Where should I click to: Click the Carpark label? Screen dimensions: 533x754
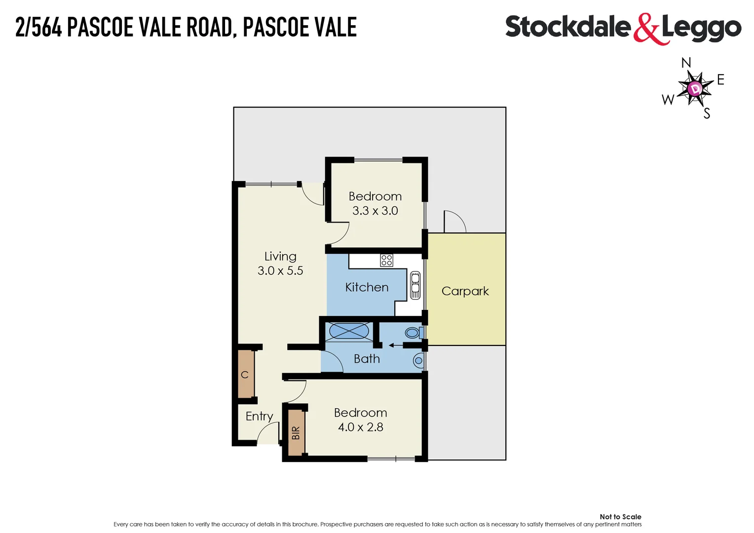point(465,291)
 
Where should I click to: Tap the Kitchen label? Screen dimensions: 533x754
point(367,287)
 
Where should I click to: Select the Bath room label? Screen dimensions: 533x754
point(367,359)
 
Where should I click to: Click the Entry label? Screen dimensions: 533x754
point(259,416)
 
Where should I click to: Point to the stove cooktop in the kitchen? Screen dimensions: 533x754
point(386,260)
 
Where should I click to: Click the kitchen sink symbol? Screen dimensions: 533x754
point(415,285)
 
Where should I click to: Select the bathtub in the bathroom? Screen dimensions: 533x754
point(349,331)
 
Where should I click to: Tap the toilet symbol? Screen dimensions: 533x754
point(414,333)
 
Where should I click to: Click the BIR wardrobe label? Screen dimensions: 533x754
point(296,433)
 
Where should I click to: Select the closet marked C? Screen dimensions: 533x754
point(245,375)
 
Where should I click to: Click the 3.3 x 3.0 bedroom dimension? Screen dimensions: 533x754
point(375,211)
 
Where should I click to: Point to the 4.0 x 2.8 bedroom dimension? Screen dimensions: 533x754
point(360,427)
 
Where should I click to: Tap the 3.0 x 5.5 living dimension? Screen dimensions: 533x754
point(280,270)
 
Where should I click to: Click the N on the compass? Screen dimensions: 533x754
point(686,63)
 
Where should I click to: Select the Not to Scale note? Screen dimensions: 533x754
point(620,517)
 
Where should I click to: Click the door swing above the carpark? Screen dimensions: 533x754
point(454,222)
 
